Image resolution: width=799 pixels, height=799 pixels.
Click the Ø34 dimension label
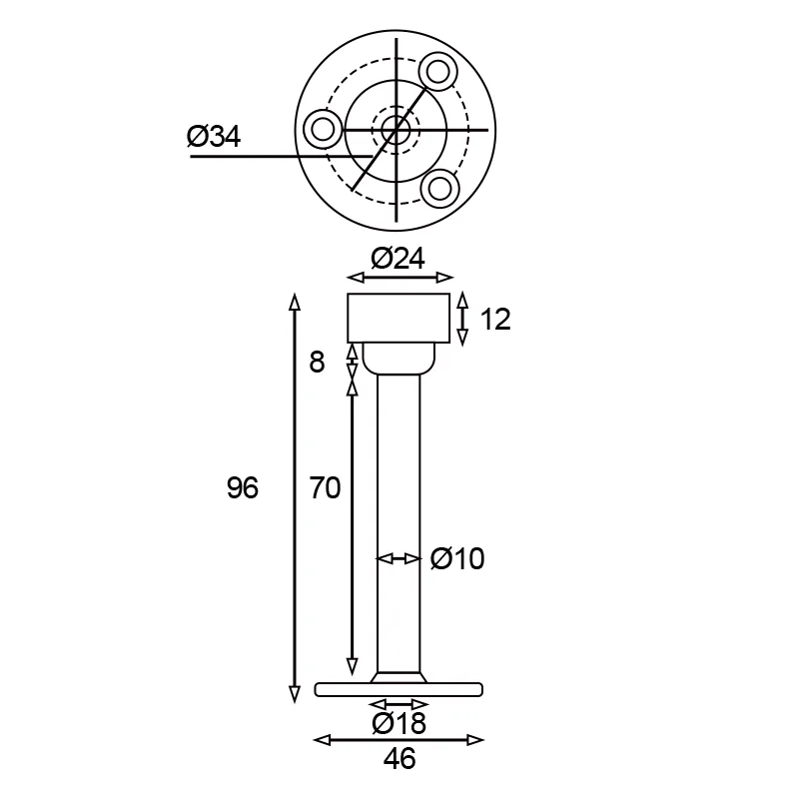[214, 137]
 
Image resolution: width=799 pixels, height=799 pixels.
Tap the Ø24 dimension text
[398, 259]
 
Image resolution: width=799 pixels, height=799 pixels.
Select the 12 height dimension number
[495, 320]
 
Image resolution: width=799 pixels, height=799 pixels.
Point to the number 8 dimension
[317, 363]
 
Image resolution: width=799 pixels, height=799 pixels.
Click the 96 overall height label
[243, 487]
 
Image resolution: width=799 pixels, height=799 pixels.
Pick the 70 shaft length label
[326, 487]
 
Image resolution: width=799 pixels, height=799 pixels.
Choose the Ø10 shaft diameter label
[457, 558]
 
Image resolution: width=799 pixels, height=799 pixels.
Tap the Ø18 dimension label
[399, 723]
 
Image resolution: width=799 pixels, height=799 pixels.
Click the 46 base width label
[399, 759]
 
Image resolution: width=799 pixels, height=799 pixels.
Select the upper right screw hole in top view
[437, 71]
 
